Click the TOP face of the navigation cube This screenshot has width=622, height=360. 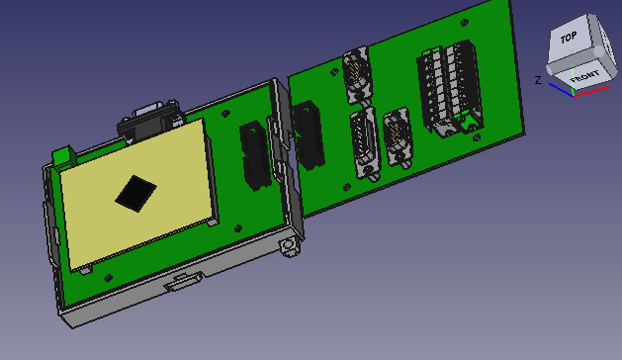click(x=568, y=41)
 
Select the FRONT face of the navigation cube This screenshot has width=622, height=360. click(x=582, y=75)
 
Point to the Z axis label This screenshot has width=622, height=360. click(x=537, y=80)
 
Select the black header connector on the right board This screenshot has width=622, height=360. click(x=308, y=134)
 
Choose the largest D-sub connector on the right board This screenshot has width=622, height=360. click(x=363, y=144)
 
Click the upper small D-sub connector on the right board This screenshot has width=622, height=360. click(x=357, y=75)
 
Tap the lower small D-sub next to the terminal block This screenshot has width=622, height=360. click(x=399, y=139)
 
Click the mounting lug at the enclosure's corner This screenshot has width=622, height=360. click(x=290, y=245)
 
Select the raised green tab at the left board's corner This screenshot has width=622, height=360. click(x=64, y=156)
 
